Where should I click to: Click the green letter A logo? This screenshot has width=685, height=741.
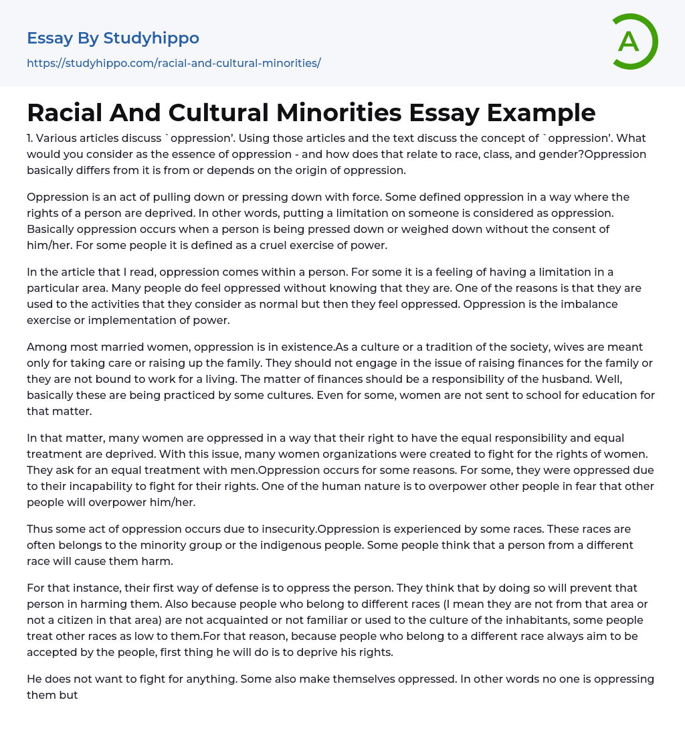(x=634, y=42)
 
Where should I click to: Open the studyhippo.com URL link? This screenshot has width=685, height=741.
(x=173, y=63)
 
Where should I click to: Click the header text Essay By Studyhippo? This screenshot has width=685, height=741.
(x=112, y=38)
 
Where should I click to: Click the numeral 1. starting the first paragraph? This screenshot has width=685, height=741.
(x=31, y=138)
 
